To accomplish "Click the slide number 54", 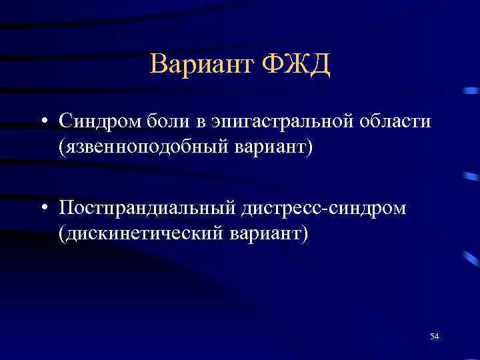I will pos(435,337).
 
